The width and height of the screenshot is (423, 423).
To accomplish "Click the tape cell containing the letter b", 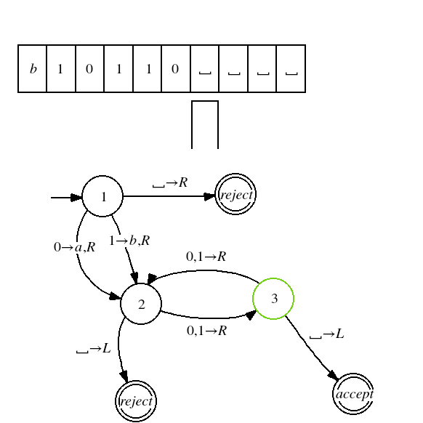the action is coord(33,69).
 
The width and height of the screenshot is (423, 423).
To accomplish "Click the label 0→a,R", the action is coord(74,247).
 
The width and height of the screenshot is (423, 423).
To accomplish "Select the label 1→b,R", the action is coord(129,241).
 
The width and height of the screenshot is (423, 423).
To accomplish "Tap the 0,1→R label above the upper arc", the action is coord(206,257).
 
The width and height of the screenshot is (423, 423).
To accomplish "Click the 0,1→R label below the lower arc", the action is coord(206,331).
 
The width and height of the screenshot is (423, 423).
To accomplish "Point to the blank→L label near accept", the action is coord(326,334).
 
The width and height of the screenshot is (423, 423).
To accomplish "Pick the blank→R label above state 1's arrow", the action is coord(170,182).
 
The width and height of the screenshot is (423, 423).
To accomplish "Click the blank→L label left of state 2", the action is coord(94,349).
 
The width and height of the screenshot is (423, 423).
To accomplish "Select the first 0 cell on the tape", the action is coord(90,69).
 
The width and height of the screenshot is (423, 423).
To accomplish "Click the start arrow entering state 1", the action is coord(66,198).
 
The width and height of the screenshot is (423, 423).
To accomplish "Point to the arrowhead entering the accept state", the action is coord(334,376).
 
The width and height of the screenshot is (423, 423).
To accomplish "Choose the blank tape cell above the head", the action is coord(205,69).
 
